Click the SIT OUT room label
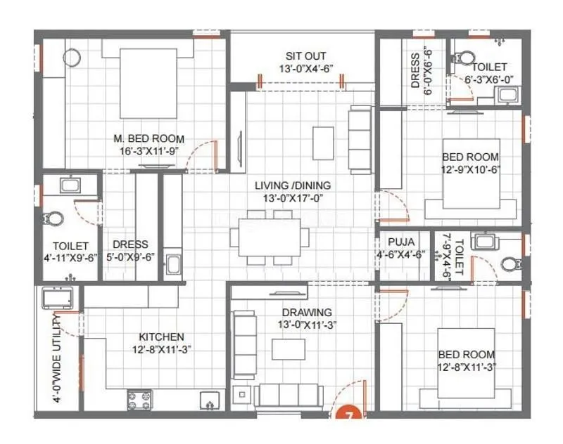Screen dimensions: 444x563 coord(305,56)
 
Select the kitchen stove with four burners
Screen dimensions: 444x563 coord(140,400)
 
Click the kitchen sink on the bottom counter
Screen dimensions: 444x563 coord(209,400)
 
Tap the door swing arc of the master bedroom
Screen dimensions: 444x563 coord(203,150)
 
